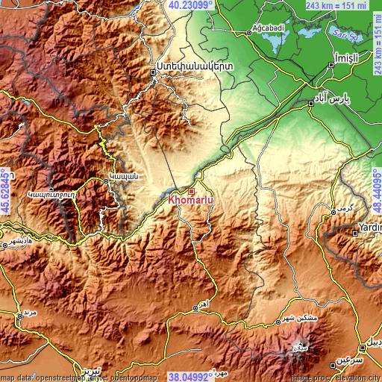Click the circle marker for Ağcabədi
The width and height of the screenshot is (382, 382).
(x=249, y=33)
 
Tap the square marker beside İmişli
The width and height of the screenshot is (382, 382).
(x=333, y=66)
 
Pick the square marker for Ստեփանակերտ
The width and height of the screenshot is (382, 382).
(x=157, y=73)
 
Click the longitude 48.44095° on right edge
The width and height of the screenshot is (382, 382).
(x=376, y=191)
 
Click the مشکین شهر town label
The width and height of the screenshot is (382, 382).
(x=301, y=318)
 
